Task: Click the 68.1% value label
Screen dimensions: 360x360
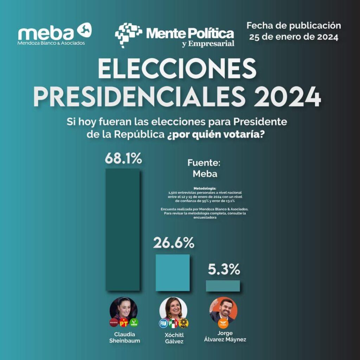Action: pos(123,159)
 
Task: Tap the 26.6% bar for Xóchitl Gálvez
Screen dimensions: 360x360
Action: pos(173,272)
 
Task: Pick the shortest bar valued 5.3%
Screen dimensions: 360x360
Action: pos(223,285)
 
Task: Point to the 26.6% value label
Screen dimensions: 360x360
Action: pos(173,243)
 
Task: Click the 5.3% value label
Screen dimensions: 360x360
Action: pos(224,270)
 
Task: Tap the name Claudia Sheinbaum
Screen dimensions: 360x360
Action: pos(124,337)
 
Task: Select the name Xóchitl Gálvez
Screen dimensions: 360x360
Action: pos(174,338)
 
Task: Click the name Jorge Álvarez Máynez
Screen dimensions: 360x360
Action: pos(225,336)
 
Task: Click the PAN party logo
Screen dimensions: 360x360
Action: pos(163,323)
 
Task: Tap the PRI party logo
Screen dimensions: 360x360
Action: pos(173,323)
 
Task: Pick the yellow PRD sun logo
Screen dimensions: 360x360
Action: pos(184,323)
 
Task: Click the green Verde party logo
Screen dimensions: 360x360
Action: pos(134,322)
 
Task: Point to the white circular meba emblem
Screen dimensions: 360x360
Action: pos(85,30)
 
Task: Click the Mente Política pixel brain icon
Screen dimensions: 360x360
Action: pos(128,34)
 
